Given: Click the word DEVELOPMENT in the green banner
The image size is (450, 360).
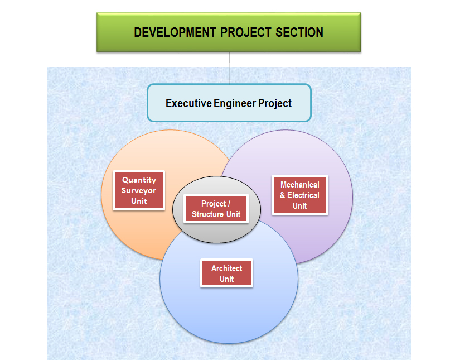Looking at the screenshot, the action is point(175,32).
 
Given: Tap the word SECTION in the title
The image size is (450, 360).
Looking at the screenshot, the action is point(299,32).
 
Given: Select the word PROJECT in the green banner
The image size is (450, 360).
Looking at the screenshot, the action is point(246,32).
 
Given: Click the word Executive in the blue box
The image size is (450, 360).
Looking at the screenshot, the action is point(188,103).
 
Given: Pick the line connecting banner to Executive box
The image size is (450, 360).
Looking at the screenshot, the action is point(229,68).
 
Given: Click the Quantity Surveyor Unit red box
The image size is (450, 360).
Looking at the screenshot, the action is point(139,190).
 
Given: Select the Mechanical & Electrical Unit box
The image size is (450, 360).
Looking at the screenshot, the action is point(300,195).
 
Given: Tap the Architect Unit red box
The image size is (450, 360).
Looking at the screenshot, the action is point(227,273).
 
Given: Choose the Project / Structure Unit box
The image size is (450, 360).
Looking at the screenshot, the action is point(216,209).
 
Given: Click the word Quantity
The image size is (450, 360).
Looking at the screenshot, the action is point(139,180).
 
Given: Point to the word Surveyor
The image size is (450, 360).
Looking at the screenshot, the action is point(139,190).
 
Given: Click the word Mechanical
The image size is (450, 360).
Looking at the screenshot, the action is point(300,184).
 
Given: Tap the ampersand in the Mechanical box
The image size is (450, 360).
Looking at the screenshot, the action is point(282,195).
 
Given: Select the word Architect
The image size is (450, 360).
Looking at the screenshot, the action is point(227,268).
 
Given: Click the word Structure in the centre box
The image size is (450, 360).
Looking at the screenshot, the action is point(208,214).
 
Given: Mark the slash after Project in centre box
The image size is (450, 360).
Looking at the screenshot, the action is point(229,204).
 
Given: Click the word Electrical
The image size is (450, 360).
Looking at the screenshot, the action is point(303,195).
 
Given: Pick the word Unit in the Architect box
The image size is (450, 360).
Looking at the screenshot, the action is point(227,279).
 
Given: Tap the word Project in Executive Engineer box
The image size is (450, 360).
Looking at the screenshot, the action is point(275,104).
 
